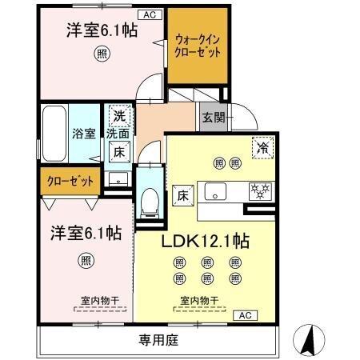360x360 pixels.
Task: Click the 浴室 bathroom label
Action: (x=82, y=133)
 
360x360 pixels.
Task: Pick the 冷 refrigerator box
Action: (x=261, y=147)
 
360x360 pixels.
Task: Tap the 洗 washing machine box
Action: (x=118, y=114)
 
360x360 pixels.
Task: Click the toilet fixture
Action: (x=149, y=202)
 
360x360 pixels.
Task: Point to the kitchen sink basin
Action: (x=218, y=191)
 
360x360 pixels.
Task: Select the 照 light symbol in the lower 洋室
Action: (x=85, y=260)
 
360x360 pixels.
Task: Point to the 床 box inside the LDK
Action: (x=180, y=194)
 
